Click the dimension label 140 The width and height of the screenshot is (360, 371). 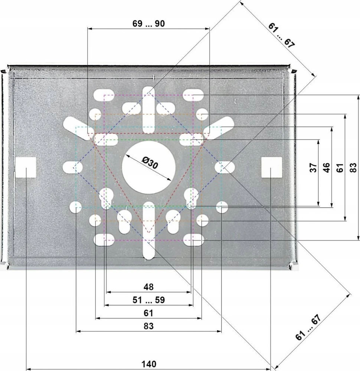(x=148, y=364)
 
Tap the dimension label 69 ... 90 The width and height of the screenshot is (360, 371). (x=148, y=23)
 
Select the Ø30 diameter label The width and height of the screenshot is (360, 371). (x=150, y=162)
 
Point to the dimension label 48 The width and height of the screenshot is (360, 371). (x=148, y=287)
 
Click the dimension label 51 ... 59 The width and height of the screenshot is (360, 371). (x=148, y=300)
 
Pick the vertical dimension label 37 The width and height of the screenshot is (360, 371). (x=313, y=168)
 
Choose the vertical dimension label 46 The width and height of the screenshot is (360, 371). (x=326, y=168)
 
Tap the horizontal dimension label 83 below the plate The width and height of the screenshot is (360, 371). (x=148, y=326)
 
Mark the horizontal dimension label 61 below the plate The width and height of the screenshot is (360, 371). (x=148, y=313)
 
